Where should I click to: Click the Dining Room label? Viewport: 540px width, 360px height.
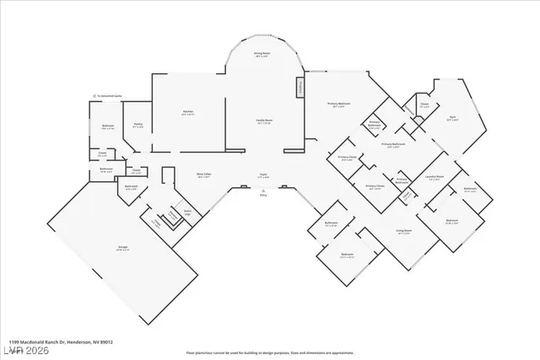point(262,54)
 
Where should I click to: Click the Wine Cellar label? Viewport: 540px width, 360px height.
point(203,175)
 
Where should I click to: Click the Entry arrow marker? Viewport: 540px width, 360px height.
point(262,190)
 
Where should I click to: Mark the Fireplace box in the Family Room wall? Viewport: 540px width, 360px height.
point(299,89)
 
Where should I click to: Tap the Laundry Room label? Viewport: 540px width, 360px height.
point(435,176)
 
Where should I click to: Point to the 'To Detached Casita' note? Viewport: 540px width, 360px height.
point(110,96)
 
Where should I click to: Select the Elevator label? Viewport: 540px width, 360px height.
point(173,217)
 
